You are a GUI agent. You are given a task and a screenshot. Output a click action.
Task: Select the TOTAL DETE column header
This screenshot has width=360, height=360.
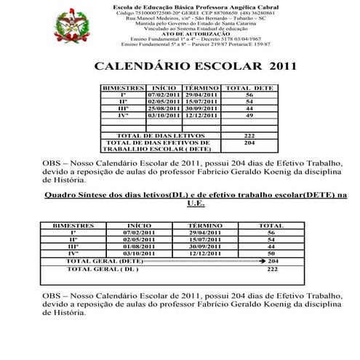point(249,87)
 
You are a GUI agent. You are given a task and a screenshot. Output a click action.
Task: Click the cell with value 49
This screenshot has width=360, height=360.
point(249,115)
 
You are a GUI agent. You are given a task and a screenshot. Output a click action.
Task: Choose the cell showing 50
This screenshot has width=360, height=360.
point(271,253)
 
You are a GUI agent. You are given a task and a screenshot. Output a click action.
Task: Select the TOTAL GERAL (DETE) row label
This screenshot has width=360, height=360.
point(105,260)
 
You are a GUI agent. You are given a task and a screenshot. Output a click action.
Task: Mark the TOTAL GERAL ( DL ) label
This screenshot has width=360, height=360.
point(103,268)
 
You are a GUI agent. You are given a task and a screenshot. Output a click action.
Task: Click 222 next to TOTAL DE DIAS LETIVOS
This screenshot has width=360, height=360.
point(249,135)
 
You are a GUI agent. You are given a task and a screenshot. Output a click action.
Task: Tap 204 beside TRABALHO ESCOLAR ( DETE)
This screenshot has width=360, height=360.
point(249,143)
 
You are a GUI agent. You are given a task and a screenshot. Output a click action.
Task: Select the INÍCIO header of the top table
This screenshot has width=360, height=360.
point(163,87)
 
